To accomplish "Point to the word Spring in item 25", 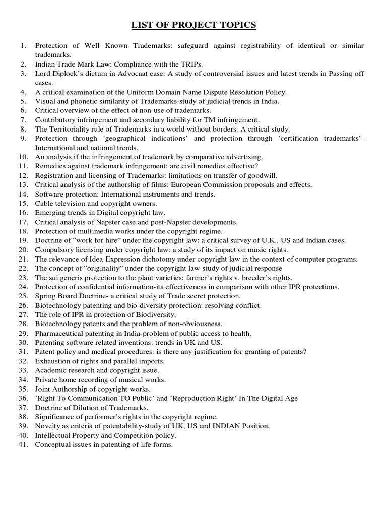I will pos(45,296).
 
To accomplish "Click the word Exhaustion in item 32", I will pos(52,361).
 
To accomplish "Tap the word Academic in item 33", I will pos(49,370).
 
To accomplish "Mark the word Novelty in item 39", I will pos(47,426).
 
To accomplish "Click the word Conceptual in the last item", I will pos(53,444).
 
